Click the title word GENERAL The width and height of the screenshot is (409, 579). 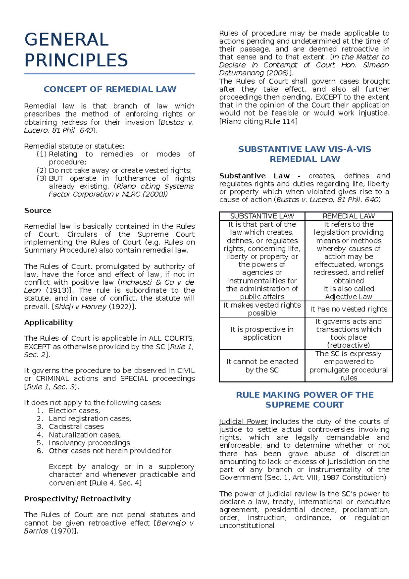tap(67, 40)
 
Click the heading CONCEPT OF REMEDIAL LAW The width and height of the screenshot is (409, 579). tap(110, 89)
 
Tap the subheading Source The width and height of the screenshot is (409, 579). tap(37, 210)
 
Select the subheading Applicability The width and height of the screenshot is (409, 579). tap(48, 322)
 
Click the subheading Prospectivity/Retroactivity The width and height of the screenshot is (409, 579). tap(77, 499)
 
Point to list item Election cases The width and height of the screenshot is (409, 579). tap(74, 411)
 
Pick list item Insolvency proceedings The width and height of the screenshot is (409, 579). tap(89, 443)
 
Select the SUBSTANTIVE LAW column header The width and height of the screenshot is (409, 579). tap(262, 216)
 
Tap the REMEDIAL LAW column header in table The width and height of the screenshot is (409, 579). tap(349, 216)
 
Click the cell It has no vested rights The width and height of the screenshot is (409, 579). tap(349, 309)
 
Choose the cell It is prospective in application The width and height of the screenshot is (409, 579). tap(262, 333)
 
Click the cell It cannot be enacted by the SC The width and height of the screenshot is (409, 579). tap(262, 366)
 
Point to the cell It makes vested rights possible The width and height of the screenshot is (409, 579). tap(262, 309)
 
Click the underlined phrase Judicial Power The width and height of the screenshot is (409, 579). tap(243, 421)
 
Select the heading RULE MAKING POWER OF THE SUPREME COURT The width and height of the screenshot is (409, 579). tap(305, 400)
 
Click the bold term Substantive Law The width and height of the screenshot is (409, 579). tap(254, 176)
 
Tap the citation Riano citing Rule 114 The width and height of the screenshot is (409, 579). tap(258, 121)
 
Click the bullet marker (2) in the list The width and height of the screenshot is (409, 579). tap(41, 170)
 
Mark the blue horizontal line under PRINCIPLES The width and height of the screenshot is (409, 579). tap(109, 74)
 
